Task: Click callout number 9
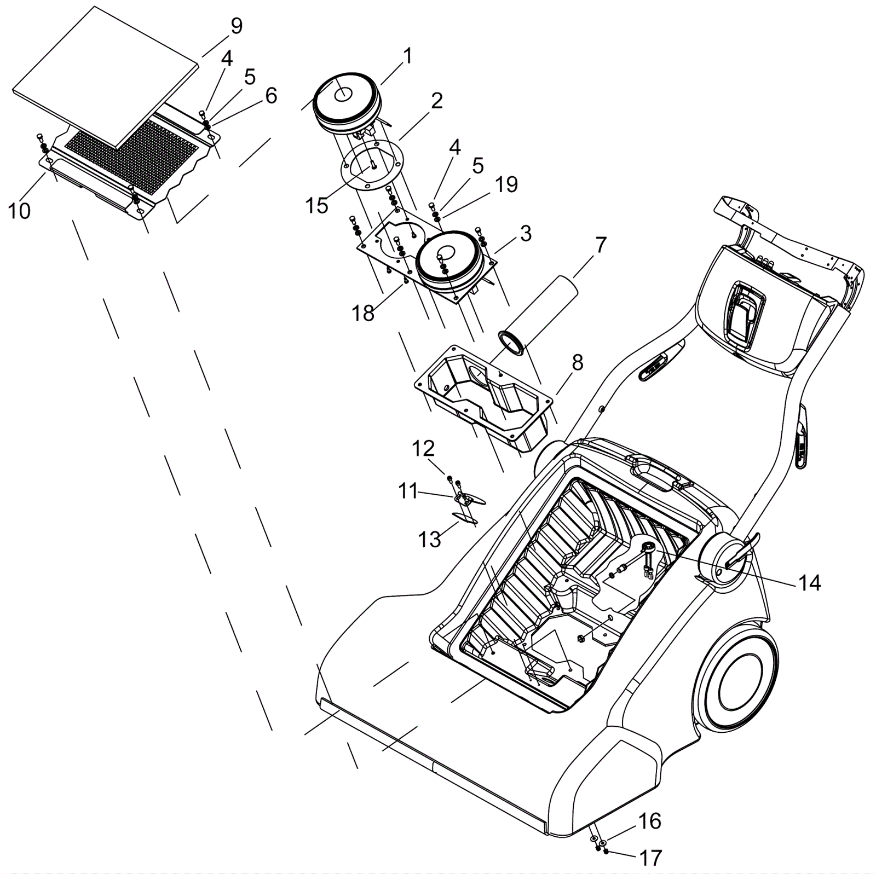coord(237,27)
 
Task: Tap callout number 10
coord(19,211)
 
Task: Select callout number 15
coord(316,206)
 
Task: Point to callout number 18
coord(363,314)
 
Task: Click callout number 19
coord(506,184)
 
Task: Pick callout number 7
coord(601,245)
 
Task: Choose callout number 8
coord(578,362)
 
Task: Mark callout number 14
coord(809,583)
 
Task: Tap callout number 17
coord(650,858)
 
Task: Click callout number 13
coord(429,539)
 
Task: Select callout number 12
coord(423,449)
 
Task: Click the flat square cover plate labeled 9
coord(104,77)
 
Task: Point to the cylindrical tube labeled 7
coord(539,315)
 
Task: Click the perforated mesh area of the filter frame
coord(131,159)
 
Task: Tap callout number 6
coord(271,96)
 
